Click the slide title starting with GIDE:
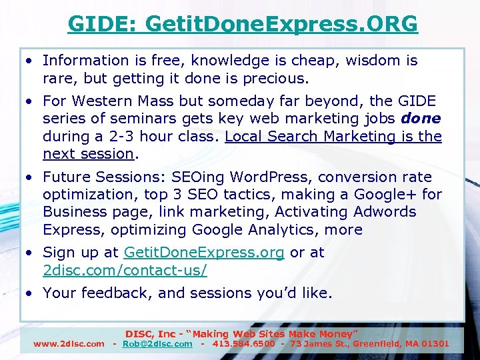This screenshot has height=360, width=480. tap(243, 24)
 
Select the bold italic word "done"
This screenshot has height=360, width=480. tap(421, 119)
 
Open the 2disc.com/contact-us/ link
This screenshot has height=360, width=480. tap(125, 270)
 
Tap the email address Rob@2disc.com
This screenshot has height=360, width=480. tap(157, 344)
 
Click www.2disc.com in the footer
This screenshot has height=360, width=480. tap(69, 344)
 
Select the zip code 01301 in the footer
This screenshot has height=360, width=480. tap(435, 344)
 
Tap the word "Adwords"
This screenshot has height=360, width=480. tap(386, 212)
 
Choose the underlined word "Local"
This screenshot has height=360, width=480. tap(247, 136)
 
